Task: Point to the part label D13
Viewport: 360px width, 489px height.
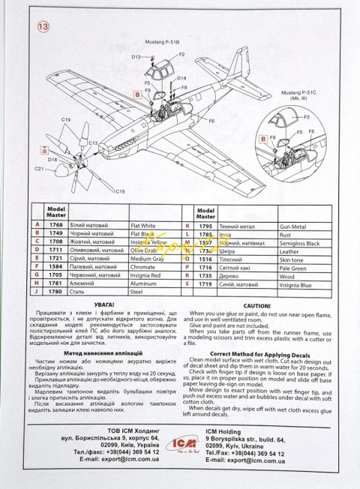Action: tap(136, 57)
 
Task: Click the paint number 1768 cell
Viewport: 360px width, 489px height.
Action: tap(56, 224)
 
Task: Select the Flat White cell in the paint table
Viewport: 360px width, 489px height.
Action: tap(142, 224)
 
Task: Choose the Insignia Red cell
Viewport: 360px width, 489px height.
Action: tap(145, 274)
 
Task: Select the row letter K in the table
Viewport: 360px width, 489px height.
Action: tap(186, 224)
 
